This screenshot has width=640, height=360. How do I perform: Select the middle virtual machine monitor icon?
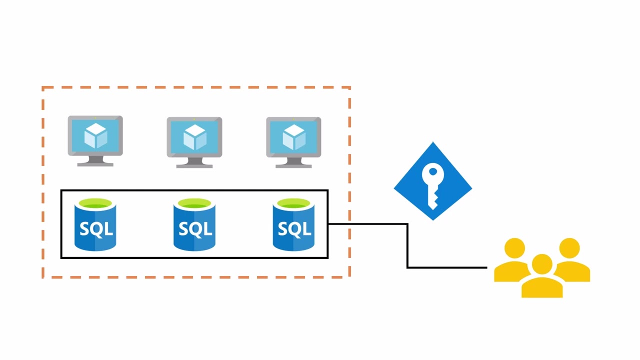pos(194,142)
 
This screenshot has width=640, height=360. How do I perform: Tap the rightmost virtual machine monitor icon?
pos(293,142)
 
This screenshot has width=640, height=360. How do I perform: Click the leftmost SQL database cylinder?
pos(95,224)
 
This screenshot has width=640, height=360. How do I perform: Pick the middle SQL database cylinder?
pos(194,224)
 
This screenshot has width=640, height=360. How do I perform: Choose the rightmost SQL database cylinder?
pos(293,224)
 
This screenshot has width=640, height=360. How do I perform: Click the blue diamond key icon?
pos(433,181)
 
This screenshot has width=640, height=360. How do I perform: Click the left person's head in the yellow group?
pos(514,248)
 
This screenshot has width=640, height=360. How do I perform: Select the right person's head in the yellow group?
pos(569,248)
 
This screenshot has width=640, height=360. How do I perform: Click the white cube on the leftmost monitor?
pos(95,135)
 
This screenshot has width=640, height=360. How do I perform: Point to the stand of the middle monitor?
pos(194,162)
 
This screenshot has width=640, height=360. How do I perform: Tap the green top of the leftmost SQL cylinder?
pos(95,204)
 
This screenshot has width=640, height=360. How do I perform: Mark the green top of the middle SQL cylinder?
pos(194,204)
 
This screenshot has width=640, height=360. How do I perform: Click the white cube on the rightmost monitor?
pos(293,136)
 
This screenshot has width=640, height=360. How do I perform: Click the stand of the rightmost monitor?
pos(293,162)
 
